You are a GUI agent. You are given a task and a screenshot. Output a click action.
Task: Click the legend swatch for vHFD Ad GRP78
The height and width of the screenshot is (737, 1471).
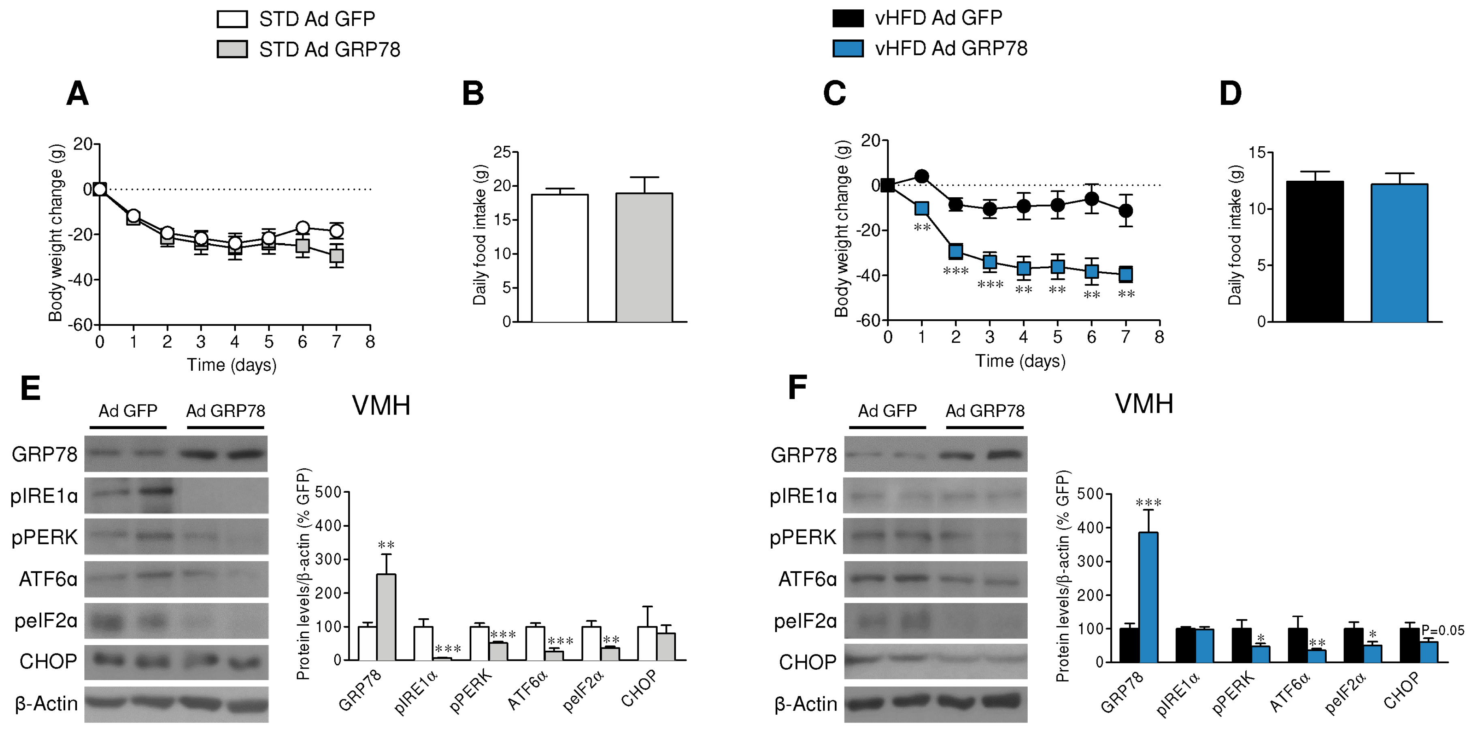(x=847, y=49)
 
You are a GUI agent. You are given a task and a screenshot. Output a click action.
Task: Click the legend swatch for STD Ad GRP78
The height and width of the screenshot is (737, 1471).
(x=232, y=50)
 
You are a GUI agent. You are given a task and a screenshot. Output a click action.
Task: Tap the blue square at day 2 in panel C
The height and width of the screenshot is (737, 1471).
(x=956, y=251)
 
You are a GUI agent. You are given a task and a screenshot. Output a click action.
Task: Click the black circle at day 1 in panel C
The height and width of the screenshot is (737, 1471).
(x=921, y=176)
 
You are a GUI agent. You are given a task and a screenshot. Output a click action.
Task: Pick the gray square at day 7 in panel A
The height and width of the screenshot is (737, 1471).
(x=336, y=256)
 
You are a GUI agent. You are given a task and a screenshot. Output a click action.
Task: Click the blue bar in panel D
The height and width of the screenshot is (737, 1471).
(x=1398, y=253)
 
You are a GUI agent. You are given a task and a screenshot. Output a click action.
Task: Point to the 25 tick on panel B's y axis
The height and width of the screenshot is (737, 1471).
(x=502, y=152)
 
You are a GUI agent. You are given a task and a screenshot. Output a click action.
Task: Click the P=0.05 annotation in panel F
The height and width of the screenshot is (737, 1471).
(x=1443, y=630)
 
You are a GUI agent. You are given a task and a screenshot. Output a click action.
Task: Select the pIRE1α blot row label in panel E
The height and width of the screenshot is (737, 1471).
(x=44, y=496)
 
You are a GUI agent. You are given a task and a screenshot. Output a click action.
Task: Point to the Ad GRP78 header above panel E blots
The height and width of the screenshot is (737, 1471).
(x=226, y=411)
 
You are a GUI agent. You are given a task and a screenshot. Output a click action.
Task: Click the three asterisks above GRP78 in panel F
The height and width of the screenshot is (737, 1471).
(x=1148, y=503)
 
